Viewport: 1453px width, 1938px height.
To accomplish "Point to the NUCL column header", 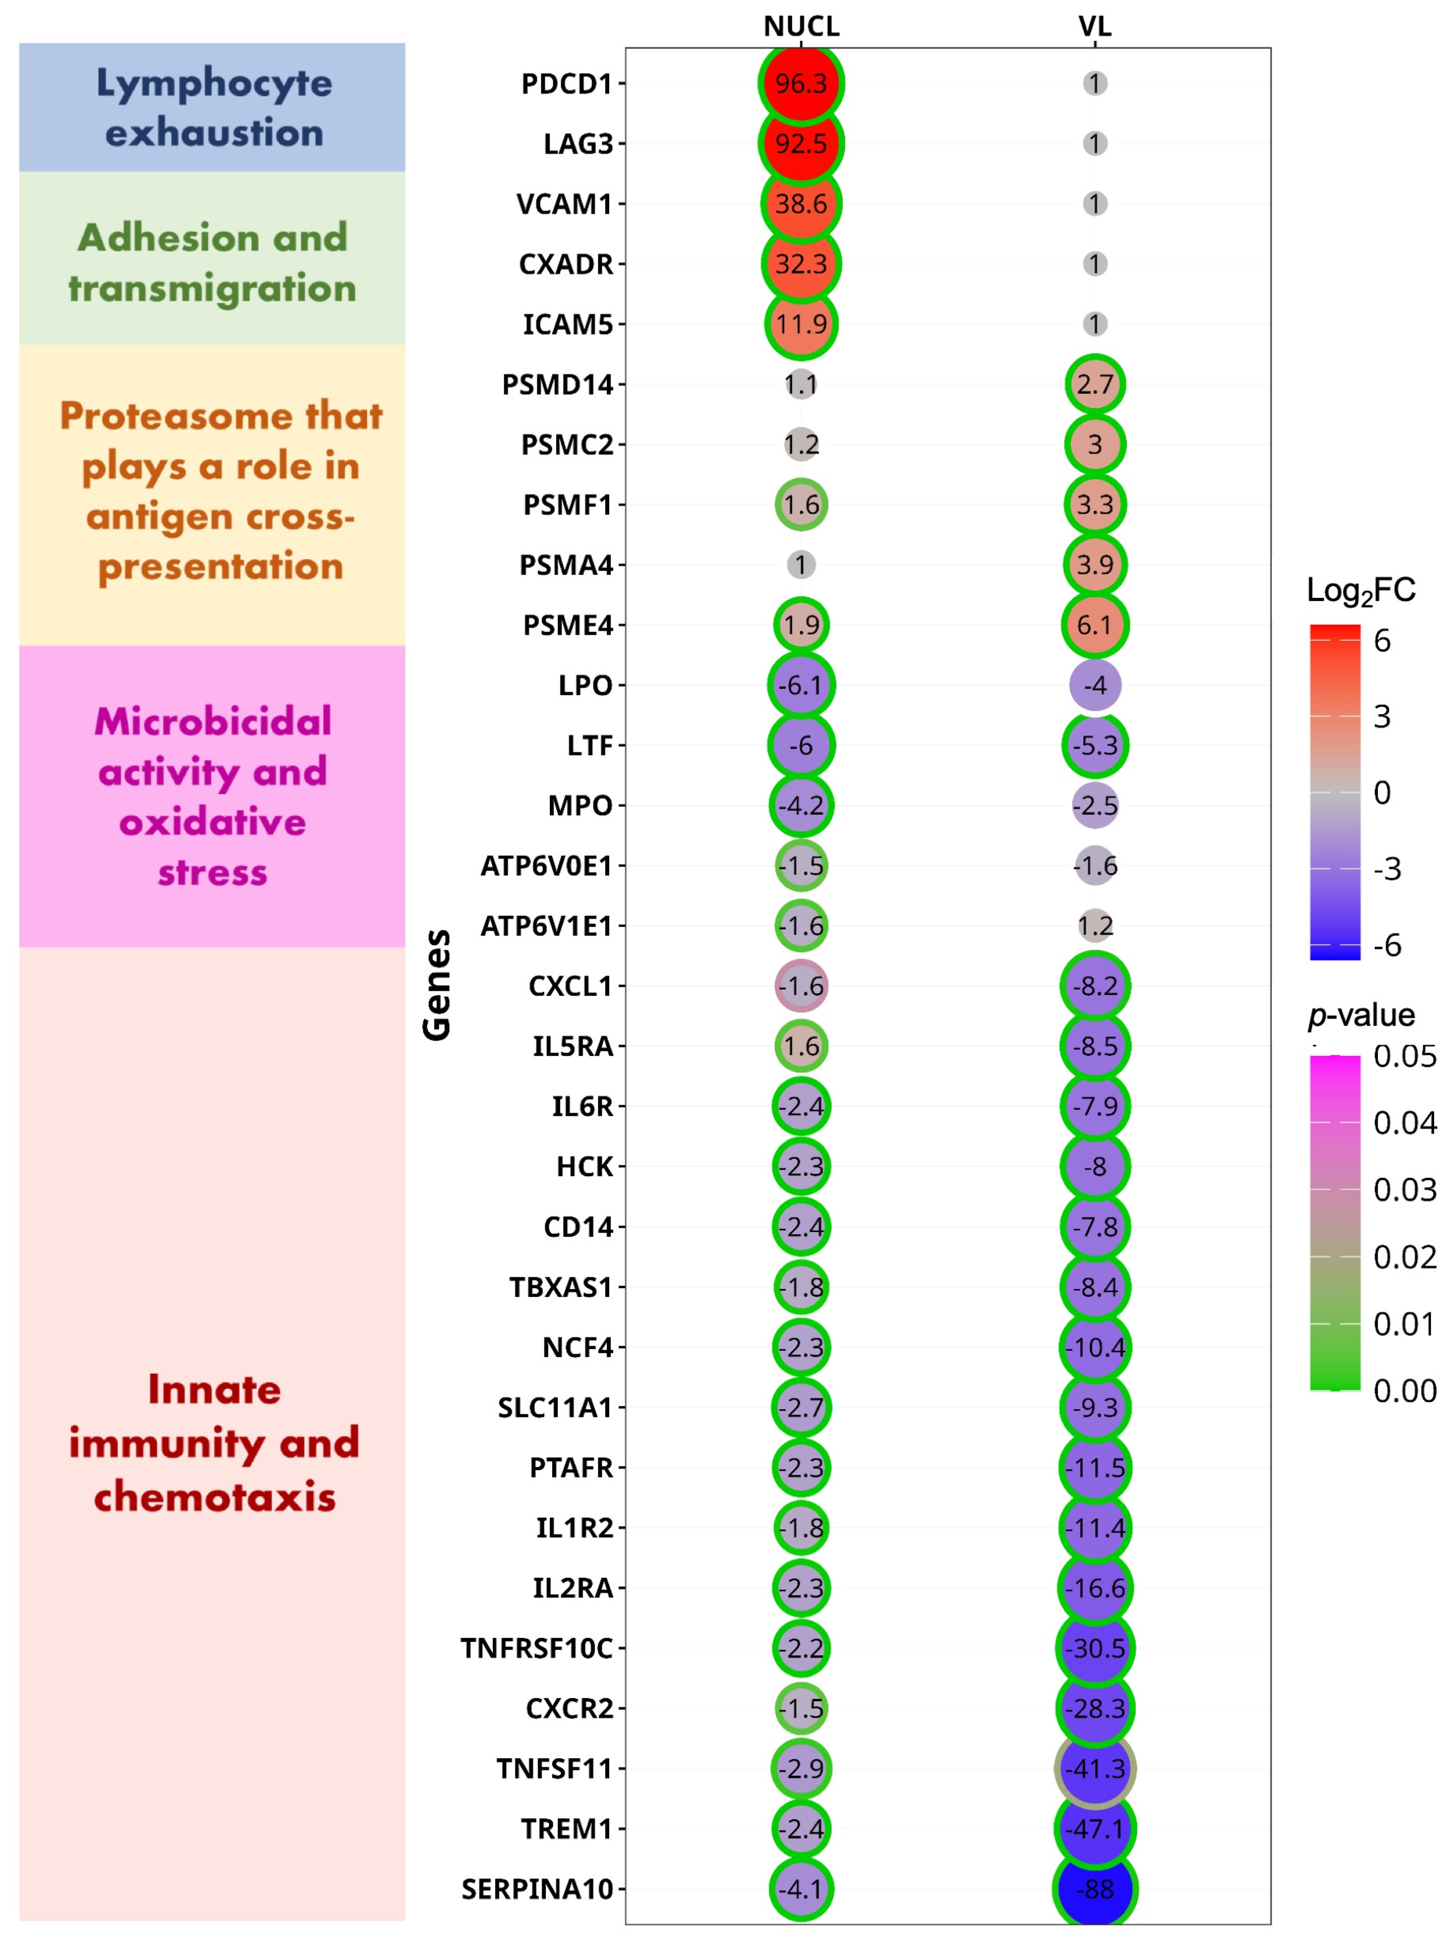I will [x=801, y=26].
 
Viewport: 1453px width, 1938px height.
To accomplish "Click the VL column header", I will [x=1094, y=26].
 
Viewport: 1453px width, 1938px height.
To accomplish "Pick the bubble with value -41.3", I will [x=1094, y=1768].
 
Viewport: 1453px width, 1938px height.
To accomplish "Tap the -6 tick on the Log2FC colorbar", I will [x=1386, y=945].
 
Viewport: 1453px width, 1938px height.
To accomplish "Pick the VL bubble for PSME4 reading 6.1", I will [x=1094, y=625].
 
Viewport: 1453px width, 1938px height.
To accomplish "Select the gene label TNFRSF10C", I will [x=536, y=1648].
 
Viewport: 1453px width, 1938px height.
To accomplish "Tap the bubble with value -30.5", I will [x=1094, y=1648].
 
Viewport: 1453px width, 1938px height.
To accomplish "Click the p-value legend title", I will [x=1360, y=1015].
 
